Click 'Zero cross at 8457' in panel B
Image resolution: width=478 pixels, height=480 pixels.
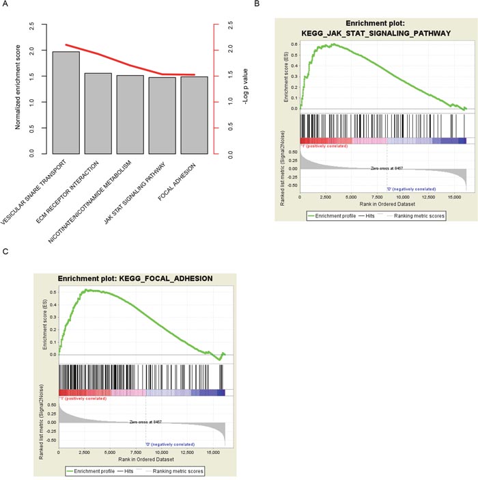click(x=389, y=168)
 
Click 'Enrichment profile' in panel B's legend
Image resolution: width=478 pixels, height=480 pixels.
click(x=341, y=215)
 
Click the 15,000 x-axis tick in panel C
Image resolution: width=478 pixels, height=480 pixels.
click(x=213, y=452)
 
